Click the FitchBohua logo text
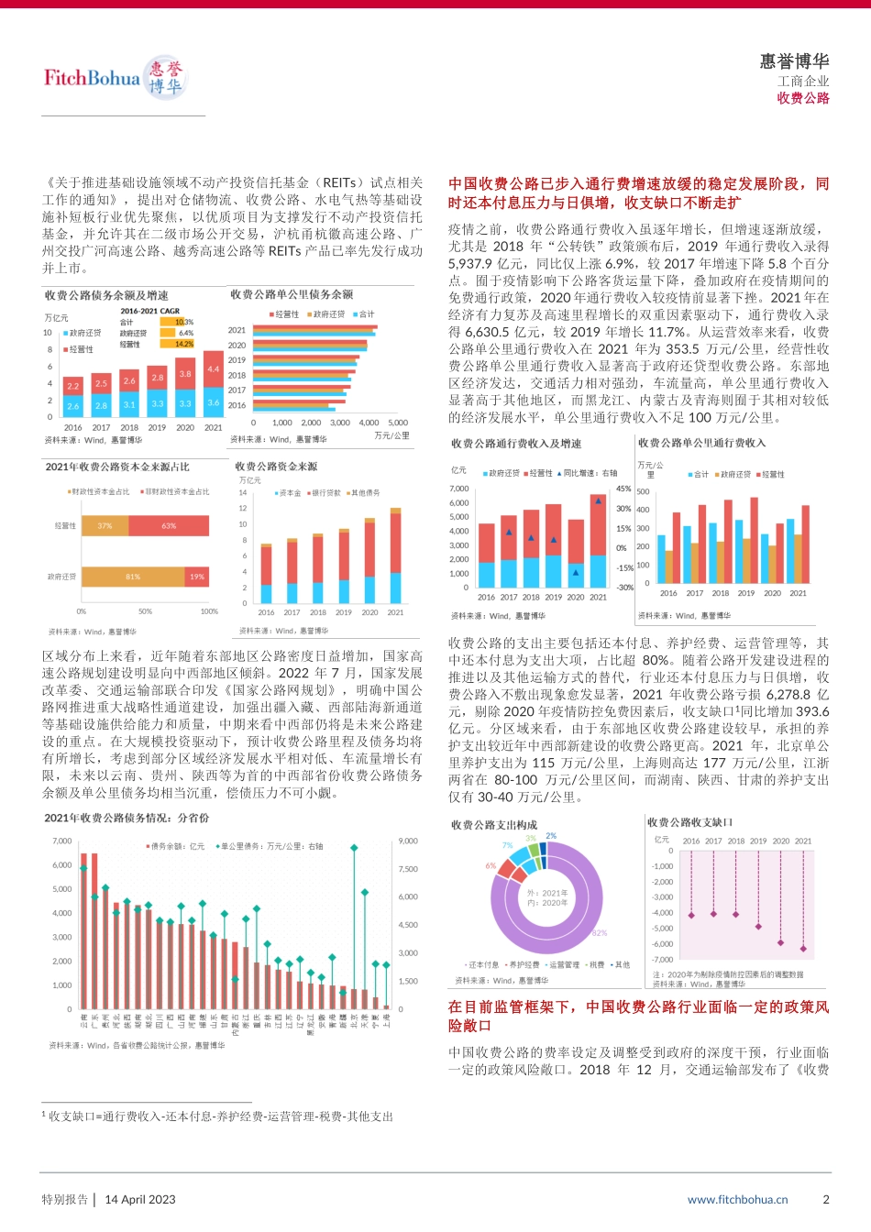tap(92, 77)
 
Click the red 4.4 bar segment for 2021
tap(213, 368)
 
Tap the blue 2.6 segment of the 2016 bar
tap(72, 405)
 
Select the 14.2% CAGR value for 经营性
tap(184, 344)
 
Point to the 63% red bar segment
tap(169, 526)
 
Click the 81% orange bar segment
tap(133, 577)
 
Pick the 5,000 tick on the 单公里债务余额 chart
tap(398, 423)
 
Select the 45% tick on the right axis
tap(623, 489)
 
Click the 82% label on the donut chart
tap(600, 933)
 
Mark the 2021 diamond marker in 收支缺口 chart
tap(803, 949)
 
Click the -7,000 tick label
tap(662, 960)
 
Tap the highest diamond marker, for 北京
tap(354, 848)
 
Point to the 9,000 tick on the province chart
tap(407, 841)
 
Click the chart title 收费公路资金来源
tap(276, 467)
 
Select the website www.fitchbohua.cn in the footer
tap(737, 1199)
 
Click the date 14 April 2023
tap(140, 1199)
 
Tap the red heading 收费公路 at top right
tap(803, 98)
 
